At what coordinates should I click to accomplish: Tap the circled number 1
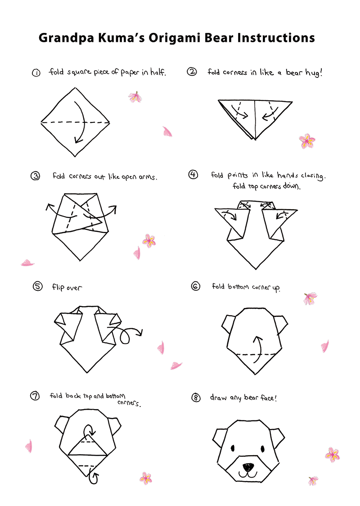pyautogui.click(x=36, y=73)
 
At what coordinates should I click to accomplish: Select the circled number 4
pyautogui.click(x=193, y=175)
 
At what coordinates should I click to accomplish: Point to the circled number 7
pyautogui.click(x=35, y=396)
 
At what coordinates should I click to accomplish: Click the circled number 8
pyautogui.click(x=196, y=398)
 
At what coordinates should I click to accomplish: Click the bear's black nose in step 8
pyautogui.click(x=248, y=467)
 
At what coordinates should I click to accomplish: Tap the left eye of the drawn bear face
pyautogui.click(x=233, y=448)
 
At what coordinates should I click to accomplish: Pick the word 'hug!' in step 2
pyautogui.click(x=314, y=73)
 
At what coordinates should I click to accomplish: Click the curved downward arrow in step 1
pyautogui.click(x=83, y=122)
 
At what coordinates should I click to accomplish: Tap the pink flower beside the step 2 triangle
pyautogui.click(x=307, y=141)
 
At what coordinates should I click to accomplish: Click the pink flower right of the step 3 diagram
pyautogui.click(x=149, y=241)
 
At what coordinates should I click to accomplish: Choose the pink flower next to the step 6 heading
pyautogui.click(x=310, y=298)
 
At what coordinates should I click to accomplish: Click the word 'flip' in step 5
pyautogui.click(x=58, y=287)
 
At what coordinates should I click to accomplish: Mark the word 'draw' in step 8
pyautogui.click(x=218, y=398)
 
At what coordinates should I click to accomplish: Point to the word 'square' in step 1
pyautogui.click(x=79, y=72)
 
